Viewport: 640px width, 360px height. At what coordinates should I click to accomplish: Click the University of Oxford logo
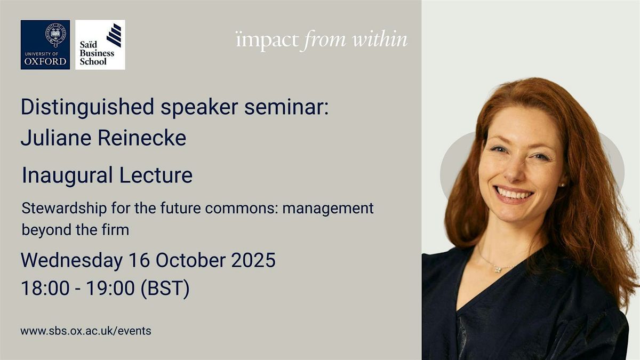coord(45,45)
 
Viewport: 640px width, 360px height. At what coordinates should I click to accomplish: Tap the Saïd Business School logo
coord(100,45)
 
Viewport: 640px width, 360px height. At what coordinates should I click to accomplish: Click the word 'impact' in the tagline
coord(267,41)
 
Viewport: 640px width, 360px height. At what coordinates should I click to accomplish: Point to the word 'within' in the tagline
coord(380,39)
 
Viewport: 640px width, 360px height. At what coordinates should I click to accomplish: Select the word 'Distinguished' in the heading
coord(87,107)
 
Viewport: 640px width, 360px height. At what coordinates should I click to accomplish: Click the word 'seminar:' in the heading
coord(286,107)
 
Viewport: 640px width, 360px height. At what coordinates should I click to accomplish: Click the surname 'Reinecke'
coord(142,138)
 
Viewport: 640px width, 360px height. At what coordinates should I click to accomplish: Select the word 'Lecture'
coord(156,174)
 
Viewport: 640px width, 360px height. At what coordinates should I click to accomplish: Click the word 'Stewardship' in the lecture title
coord(65,209)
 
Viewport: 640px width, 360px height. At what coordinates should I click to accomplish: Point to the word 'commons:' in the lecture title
coord(242,208)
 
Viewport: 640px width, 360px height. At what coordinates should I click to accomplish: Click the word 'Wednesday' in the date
coord(71,261)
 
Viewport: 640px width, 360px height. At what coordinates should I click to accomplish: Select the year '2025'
coord(253,260)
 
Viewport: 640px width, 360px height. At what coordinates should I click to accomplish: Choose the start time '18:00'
coord(45,288)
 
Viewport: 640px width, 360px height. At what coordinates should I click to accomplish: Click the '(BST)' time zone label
coord(165,289)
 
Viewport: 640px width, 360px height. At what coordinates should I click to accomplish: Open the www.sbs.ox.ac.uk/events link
coord(86,331)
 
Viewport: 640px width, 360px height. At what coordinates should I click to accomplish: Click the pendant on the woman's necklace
coord(498,269)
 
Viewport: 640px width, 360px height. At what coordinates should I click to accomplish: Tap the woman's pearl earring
coord(562,185)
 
